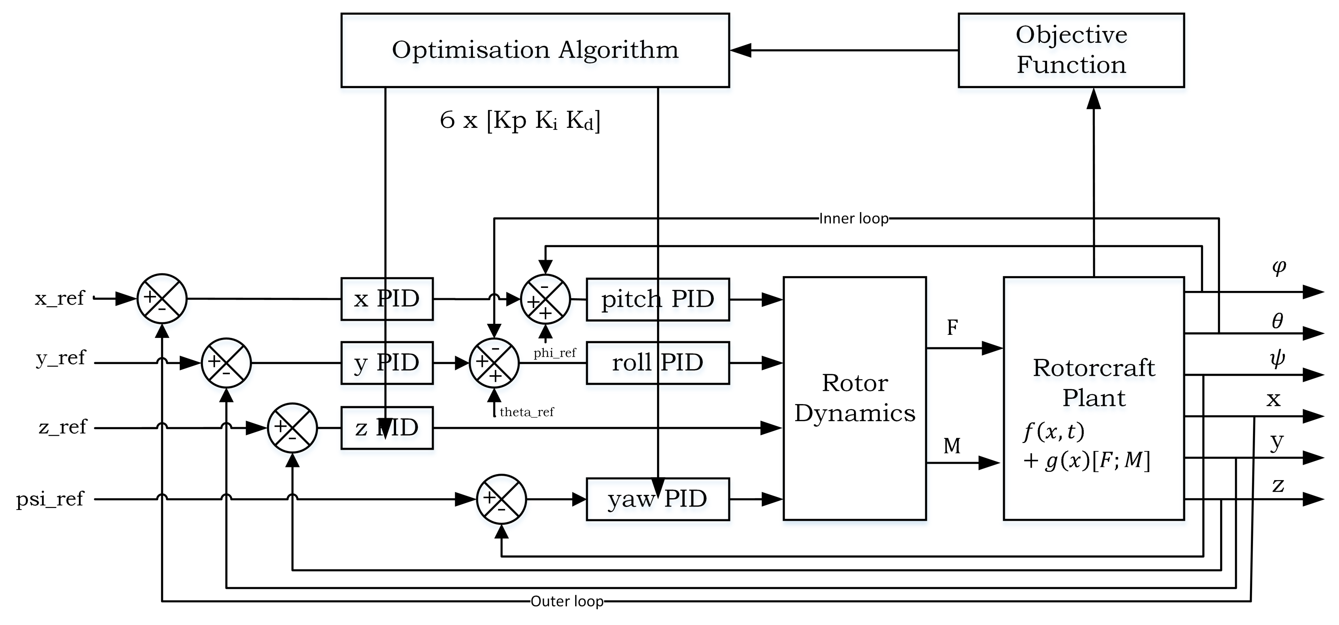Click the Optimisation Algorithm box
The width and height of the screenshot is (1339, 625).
535,50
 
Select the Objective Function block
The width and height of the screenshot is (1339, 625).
1071,50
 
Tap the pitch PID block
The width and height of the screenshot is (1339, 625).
657,299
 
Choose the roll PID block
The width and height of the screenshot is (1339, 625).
657,363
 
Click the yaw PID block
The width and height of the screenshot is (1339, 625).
657,499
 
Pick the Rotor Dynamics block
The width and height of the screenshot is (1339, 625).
855,398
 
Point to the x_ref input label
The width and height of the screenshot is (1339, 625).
59,298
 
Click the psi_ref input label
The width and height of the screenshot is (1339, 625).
50,499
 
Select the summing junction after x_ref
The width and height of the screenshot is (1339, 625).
162,299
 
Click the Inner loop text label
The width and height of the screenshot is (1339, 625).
854,219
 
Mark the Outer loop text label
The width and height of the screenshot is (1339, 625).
566,601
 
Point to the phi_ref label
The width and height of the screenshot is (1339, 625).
555,353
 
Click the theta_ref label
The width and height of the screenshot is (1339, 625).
527,412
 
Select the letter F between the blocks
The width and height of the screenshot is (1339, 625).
952,327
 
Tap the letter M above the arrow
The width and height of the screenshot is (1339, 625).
952,446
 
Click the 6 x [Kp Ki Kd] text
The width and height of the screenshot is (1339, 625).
520,121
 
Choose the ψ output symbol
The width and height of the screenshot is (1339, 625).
1277,359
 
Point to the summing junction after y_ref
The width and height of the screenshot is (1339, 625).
226,363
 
